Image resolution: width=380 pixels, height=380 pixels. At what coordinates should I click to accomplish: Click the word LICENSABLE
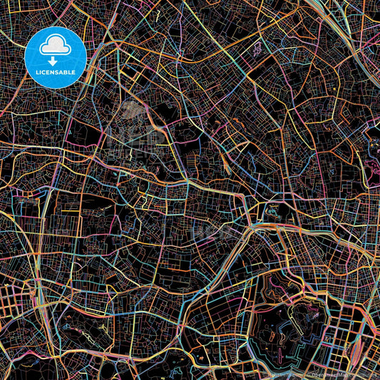tap(56, 72)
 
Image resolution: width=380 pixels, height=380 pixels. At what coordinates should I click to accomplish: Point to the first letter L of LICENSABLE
tap(36, 72)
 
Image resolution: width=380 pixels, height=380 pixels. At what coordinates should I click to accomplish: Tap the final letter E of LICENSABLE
tap(76, 72)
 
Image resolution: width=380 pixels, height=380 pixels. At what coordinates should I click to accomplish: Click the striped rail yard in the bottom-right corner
tap(356, 356)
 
